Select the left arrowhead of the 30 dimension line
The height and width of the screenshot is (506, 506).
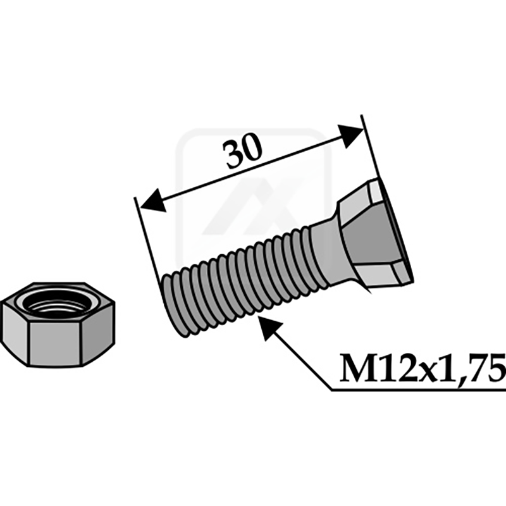(151, 204)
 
